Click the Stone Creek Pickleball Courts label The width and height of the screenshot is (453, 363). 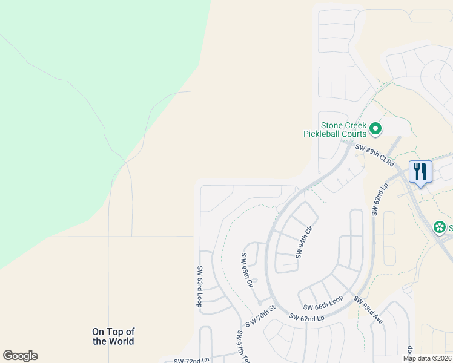[x=335, y=129]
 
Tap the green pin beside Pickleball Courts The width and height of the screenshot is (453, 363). [x=375, y=128]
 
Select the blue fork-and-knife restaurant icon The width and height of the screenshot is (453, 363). [x=420, y=171]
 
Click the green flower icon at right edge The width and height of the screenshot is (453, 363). [x=439, y=227]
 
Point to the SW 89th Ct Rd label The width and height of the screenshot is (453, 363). [x=375, y=155]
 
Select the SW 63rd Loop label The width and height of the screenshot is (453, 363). [x=199, y=286]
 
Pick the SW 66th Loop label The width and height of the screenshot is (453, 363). [x=323, y=302]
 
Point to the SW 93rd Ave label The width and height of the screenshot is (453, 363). [x=369, y=309]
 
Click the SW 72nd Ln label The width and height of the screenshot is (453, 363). [x=191, y=360]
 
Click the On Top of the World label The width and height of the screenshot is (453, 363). [x=113, y=336]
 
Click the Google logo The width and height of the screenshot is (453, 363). [x=20, y=356]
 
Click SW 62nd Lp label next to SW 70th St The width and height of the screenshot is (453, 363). [x=307, y=317]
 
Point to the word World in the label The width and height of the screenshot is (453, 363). [x=121, y=341]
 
